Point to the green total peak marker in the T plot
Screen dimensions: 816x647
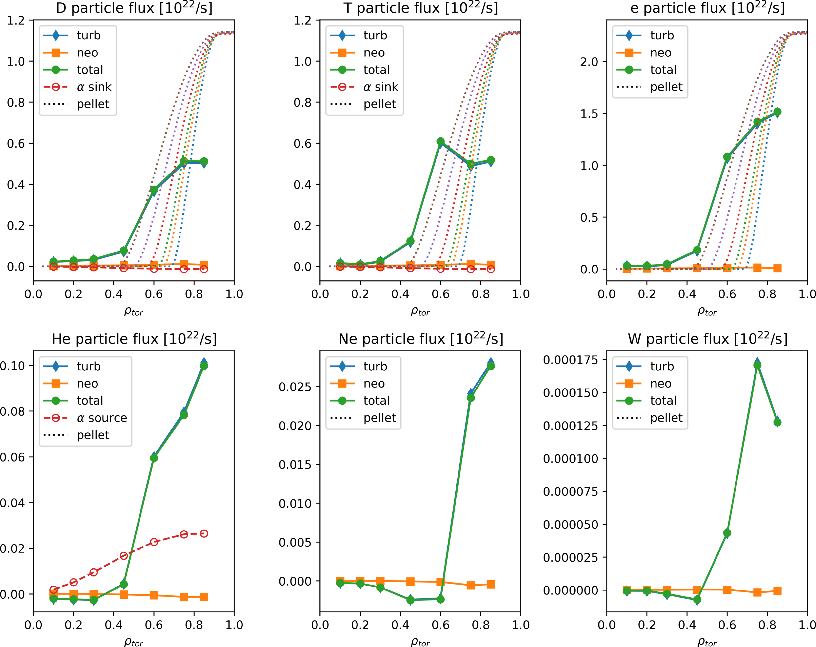(x=441, y=142)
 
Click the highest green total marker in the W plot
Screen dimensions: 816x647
(x=757, y=365)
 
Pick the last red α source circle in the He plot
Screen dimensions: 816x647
(x=204, y=533)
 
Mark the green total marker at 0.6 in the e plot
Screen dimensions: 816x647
(x=727, y=157)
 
